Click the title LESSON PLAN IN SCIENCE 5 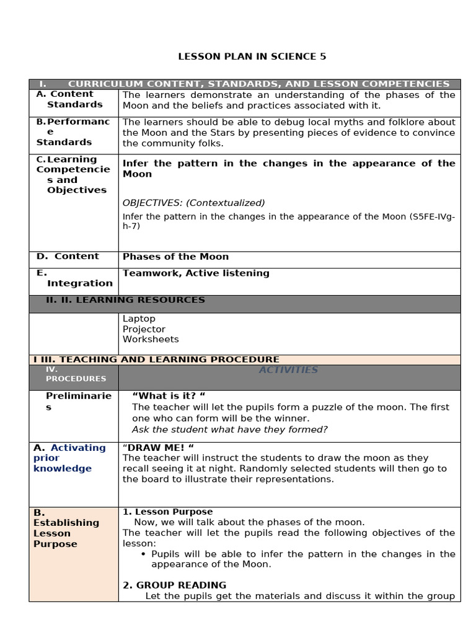[x=252, y=56]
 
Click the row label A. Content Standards [x=69, y=99]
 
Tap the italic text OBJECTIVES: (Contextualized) [x=193, y=203]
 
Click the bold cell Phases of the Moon [x=175, y=257]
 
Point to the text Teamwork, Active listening [x=196, y=273]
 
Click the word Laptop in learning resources [x=139, y=319]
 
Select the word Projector [x=144, y=329]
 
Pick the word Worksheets [x=151, y=339]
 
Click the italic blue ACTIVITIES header [x=288, y=370]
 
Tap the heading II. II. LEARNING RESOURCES [x=125, y=300]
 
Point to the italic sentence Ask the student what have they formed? [x=229, y=430]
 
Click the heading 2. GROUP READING [x=174, y=585]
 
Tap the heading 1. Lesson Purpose [x=167, y=512]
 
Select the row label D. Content [x=68, y=256]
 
